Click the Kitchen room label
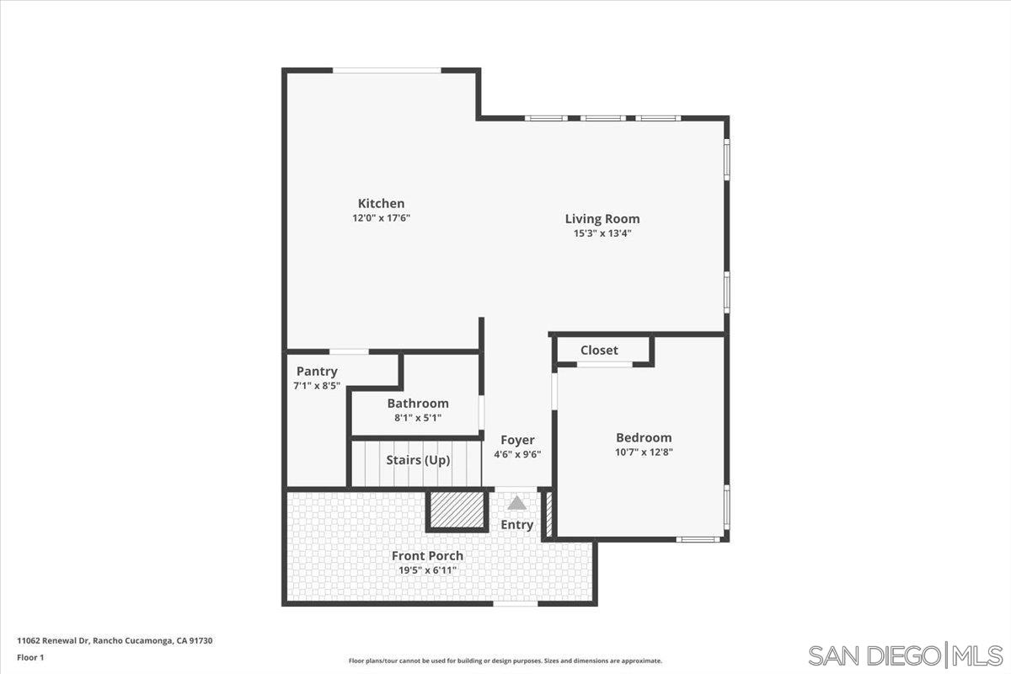click(x=381, y=203)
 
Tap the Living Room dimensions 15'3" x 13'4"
click(x=602, y=233)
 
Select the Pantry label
click(x=317, y=372)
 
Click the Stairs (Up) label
click(x=418, y=461)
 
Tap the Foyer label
click(x=517, y=440)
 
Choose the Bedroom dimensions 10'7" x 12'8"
click(x=644, y=452)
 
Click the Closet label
click(x=599, y=350)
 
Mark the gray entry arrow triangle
click(x=516, y=503)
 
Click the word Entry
click(x=517, y=525)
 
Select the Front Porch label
click(x=427, y=556)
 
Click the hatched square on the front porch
click(x=457, y=509)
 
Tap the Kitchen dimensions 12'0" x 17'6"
click(x=381, y=217)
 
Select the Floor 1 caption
click(x=30, y=657)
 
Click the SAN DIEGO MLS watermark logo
click(x=905, y=655)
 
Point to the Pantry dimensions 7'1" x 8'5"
click(x=316, y=386)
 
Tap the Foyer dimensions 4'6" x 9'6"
click(x=517, y=454)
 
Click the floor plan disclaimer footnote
click(x=505, y=661)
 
